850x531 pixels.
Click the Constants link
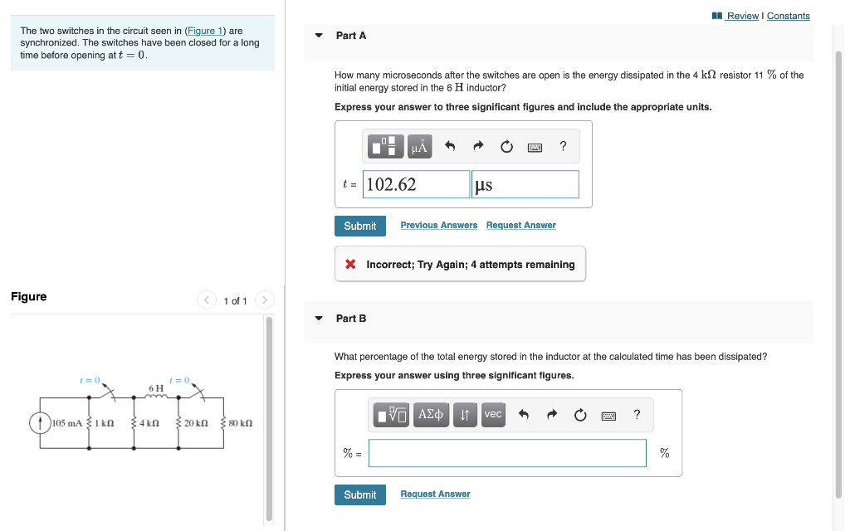(788, 16)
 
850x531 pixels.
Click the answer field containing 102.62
(417, 184)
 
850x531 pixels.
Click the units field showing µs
(525, 184)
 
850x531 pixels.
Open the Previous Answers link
(438, 226)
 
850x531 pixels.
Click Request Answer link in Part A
(520, 226)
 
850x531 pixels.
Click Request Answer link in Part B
(435, 494)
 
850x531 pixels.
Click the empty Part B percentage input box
(507, 453)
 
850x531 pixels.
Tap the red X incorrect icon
(351, 265)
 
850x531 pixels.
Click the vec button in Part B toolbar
(492, 414)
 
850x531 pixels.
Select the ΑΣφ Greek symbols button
(432, 414)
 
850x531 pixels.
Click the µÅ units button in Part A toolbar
(419, 147)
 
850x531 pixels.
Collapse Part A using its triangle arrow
(319, 36)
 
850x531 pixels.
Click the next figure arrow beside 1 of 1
(264, 300)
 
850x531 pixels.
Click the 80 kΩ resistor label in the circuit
(240, 423)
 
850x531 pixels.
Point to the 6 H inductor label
(155, 387)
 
